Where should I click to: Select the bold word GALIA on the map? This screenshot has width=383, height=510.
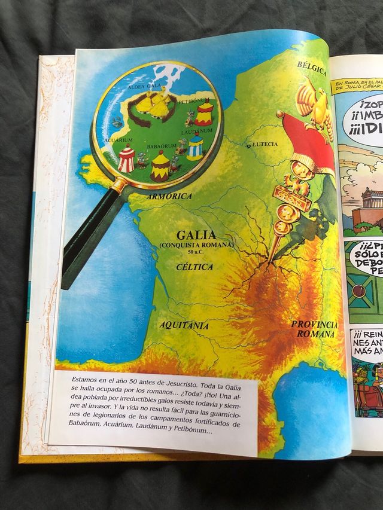coord(196,234)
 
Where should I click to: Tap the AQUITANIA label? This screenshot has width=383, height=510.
coord(184,325)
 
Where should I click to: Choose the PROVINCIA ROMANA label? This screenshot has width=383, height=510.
coord(314,329)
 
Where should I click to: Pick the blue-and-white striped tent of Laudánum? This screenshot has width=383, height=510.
coord(194,147)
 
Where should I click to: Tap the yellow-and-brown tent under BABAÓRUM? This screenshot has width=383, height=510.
coord(160,167)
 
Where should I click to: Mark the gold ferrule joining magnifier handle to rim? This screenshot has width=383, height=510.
coord(120,185)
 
